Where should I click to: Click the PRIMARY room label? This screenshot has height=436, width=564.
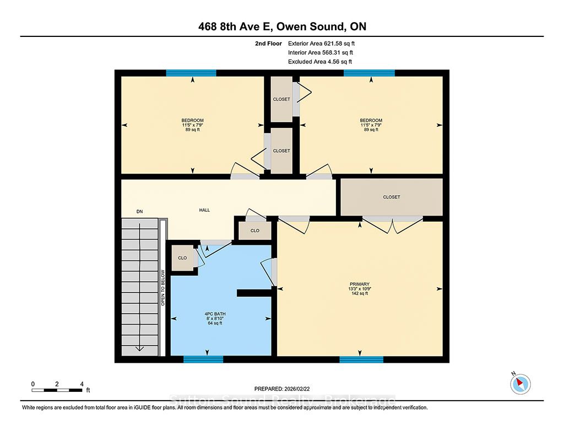[359, 284]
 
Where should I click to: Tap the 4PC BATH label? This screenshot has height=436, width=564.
[215, 314]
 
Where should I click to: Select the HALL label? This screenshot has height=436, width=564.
[204, 210]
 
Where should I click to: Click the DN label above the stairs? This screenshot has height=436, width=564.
[139, 211]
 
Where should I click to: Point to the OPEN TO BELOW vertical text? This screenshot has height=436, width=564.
[162, 288]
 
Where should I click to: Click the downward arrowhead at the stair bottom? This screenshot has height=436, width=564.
[139, 348]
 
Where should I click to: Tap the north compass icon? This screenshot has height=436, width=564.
[520, 384]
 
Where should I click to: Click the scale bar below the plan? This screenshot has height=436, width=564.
[57, 390]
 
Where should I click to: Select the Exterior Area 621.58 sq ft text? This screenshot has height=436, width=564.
[321, 44]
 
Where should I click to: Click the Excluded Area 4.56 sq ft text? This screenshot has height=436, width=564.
[320, 62]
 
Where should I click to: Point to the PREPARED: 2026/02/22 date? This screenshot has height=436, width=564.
[282, 389]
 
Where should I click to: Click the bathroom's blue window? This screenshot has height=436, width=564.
[203, 359]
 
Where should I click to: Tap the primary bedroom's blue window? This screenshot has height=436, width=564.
[361, 359]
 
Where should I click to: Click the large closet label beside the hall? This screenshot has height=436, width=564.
[392, 197]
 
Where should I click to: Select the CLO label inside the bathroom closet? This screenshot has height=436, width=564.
[182, 258]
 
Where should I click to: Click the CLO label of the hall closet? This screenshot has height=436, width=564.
[254, 230]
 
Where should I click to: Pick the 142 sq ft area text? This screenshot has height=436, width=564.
[359, 293]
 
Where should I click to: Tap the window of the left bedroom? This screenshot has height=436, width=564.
[191, 73]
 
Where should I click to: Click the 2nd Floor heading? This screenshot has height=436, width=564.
[268, 44]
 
